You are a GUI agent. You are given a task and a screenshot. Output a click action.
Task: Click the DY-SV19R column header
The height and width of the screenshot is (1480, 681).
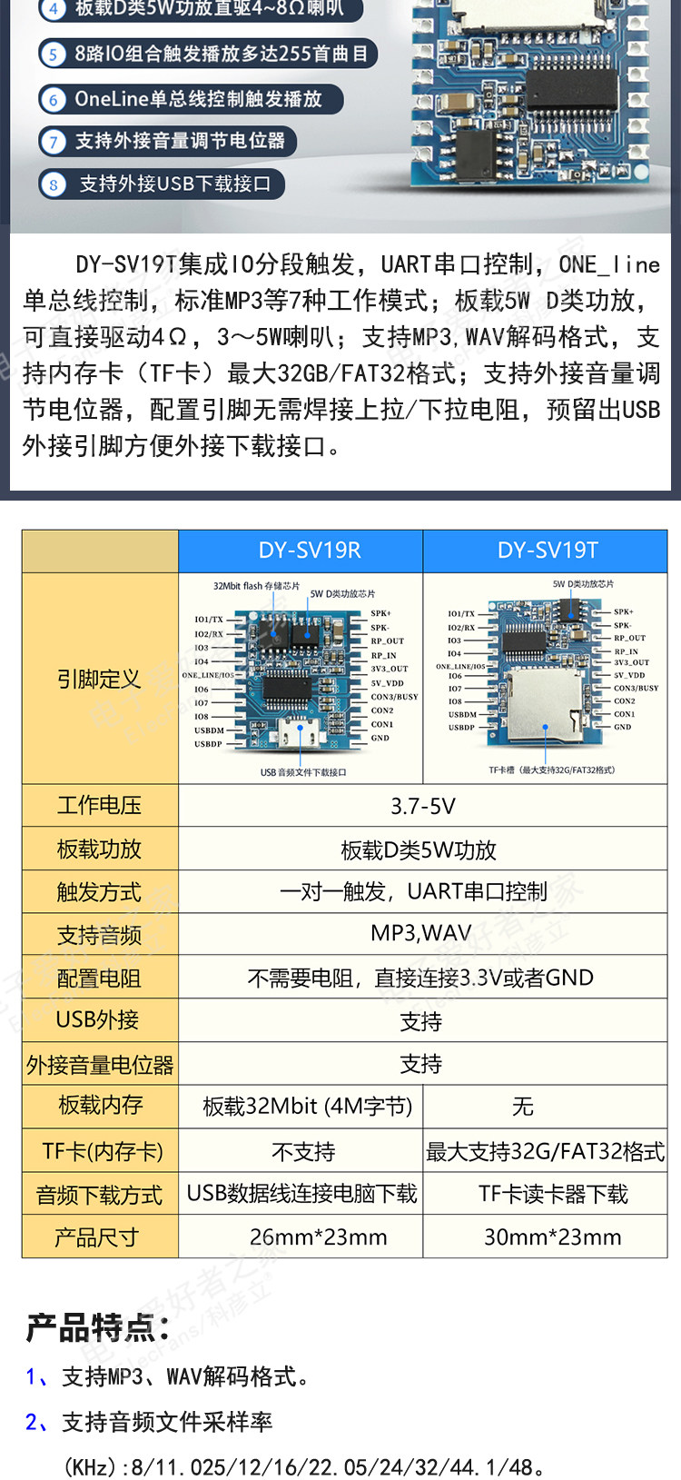click(x=310, y=551)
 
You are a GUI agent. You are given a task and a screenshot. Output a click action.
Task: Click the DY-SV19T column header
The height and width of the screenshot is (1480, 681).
click(x=548, y=551)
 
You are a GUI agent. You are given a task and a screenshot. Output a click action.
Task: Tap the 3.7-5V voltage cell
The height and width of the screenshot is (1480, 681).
click(x=422, y=806)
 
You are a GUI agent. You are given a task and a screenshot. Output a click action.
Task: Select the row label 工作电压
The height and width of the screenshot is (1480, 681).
click(x=99, y=806)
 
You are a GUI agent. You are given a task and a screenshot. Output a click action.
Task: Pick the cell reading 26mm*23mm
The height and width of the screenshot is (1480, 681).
click(x=318, y=1237)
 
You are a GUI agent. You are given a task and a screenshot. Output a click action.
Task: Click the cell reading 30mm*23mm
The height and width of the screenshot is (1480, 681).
click(x=552, y=1237)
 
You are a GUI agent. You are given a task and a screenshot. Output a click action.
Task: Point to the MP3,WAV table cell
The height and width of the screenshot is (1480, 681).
click(x=421, y=933)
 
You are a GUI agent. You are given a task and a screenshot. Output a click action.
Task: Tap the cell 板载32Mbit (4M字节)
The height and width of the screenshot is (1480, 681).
click(x=307, y=1107)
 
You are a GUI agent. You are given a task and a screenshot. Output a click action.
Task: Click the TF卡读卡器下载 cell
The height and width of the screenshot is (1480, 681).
click(x=553, y=1194)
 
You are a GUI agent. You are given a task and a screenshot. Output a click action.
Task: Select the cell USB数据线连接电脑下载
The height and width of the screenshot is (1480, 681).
click(x=301, y=1194)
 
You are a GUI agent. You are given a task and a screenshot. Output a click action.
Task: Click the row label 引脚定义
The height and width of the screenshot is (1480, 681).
click(x=99, y=679)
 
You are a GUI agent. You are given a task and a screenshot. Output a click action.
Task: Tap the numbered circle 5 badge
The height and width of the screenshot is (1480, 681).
click(x=53, y=55)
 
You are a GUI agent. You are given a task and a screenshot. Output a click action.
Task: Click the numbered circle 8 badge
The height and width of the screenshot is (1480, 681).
click(x=53, y=184)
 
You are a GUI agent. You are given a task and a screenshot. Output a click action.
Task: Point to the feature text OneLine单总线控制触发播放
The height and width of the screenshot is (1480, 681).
click(x=198, y=99)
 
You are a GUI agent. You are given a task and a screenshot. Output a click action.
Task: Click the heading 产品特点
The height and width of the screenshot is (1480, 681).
click(x=98, y=1327)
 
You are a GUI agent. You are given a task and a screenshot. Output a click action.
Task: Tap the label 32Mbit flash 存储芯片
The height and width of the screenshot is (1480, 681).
click(x=256, y=586)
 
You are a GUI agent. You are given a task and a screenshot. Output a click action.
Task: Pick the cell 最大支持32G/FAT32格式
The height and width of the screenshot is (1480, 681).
click(x=545, y=1152)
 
